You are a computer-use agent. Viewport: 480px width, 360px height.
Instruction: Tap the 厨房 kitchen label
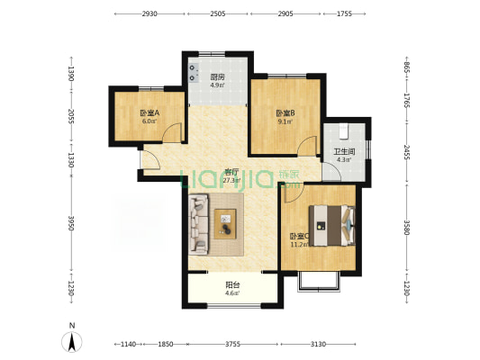(217, 77)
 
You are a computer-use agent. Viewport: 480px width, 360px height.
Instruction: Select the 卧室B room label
(285, 112)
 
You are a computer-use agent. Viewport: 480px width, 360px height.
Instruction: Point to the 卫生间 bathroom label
(343, 152)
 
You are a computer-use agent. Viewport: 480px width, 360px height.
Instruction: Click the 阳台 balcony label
(231, 285)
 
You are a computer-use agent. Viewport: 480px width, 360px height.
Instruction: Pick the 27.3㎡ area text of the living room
(231, 179)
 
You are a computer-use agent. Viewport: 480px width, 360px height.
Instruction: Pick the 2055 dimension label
(70, 118)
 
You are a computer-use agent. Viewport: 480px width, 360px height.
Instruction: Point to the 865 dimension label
(406, 67)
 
